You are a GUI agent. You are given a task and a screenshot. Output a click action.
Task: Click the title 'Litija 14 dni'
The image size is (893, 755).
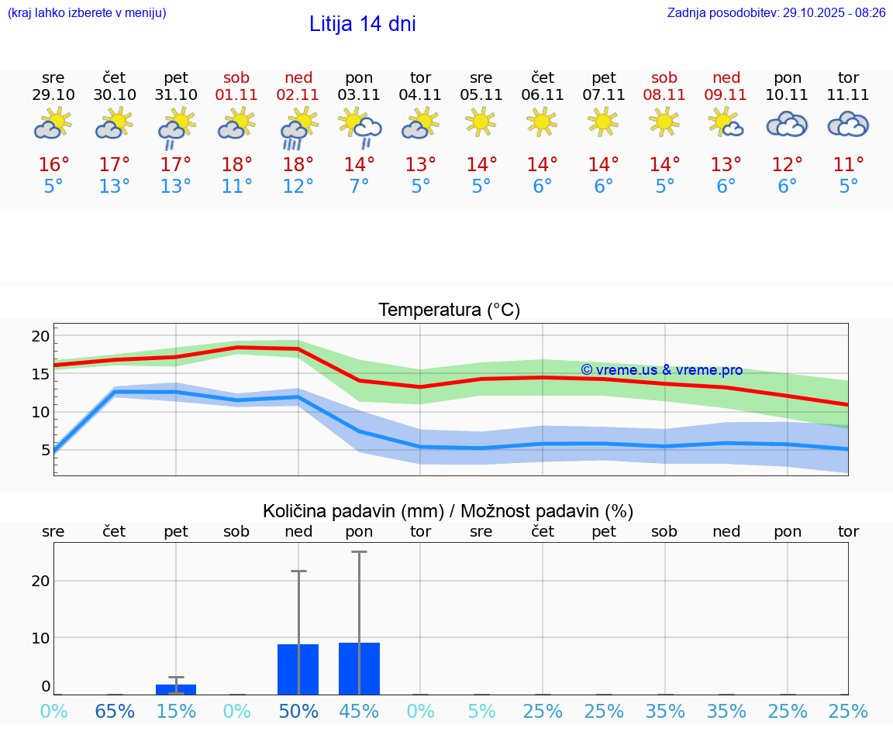(362, 24)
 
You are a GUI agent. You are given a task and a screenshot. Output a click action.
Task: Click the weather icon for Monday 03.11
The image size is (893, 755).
(360, 128)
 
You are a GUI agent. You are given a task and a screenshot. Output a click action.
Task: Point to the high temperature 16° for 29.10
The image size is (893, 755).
(53, 165)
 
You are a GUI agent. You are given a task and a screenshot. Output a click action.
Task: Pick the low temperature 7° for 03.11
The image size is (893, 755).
(359, 187)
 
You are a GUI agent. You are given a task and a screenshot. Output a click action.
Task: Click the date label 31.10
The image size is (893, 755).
(176, 95)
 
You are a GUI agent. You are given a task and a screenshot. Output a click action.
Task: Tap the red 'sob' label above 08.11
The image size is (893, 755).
(664, 77)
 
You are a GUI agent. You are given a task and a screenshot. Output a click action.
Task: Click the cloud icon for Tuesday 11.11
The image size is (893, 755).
(848, 125)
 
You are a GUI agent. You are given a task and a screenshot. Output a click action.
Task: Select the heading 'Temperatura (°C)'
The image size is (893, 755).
(449, 311)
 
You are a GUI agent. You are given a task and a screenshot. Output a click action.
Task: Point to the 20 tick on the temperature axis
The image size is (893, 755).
(40, 336)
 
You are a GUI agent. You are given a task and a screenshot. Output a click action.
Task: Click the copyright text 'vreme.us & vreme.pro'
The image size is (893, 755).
(661, 370)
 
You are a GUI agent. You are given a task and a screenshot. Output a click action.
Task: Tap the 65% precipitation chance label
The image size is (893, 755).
(115, 711)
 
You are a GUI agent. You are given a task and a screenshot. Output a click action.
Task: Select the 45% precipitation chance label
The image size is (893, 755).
(359, 711)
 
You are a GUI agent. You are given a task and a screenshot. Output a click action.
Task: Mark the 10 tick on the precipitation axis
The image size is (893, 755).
(40, 637)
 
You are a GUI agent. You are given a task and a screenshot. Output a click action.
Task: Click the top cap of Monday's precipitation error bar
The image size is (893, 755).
(359, 552)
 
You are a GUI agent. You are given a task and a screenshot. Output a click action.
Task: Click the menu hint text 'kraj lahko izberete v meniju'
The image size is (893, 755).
(87, 12)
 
